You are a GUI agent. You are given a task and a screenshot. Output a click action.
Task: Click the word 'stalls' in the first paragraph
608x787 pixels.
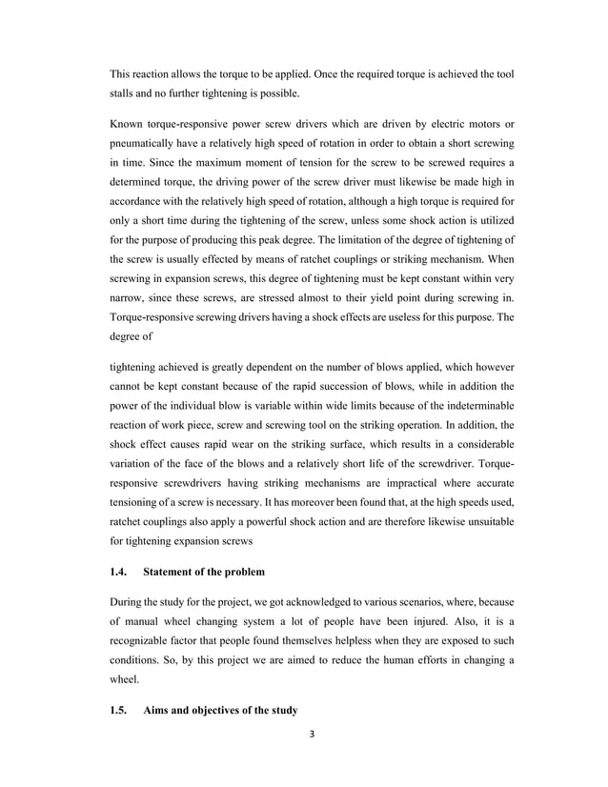(x=124, y=93)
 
